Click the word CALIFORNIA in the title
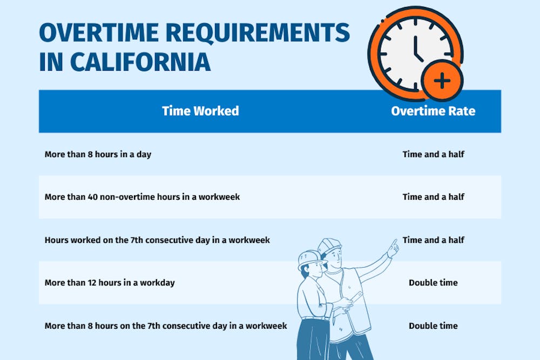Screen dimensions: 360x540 140,62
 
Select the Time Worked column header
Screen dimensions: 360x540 200,111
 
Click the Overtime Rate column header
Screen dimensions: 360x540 433,111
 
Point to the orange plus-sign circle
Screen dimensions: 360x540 442,81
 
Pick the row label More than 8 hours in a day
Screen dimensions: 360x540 98,154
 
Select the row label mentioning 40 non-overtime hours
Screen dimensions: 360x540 142,197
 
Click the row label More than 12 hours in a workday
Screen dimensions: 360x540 110,283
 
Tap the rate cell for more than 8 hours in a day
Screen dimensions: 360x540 433,154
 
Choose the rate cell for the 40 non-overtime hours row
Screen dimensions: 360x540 433,197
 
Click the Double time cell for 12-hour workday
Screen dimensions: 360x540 433,283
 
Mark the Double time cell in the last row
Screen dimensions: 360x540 433,326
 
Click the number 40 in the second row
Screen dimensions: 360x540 92,197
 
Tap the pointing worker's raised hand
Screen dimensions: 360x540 393,248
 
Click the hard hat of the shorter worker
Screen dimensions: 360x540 311,260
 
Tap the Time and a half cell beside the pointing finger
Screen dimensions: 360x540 433,240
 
